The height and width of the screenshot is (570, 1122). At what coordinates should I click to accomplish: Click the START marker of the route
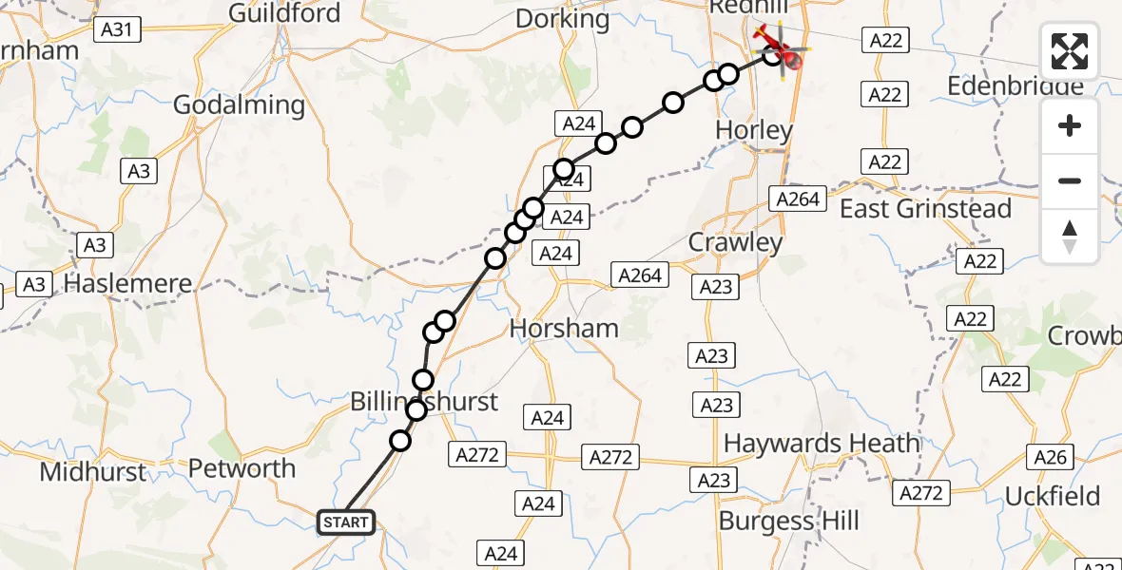tap(345, 522)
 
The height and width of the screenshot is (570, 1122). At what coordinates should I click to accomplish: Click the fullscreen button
tap(1070, 50)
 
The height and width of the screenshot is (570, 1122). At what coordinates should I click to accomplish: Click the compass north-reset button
tap(1070, 237)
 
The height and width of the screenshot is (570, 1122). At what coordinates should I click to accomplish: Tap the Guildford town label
tap(284, 13)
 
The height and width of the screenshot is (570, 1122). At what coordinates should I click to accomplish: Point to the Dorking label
tap(562, 18)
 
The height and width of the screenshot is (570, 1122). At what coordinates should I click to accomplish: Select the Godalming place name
tap(239, 105)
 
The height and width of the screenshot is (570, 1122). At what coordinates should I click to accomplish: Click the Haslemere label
tap(127, 283)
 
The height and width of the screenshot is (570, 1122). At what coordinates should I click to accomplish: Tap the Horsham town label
tap(564, 329)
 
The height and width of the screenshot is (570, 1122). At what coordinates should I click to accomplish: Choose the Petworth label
tap(242, 468)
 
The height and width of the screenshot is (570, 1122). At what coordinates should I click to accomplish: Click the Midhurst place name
tap(94, 472)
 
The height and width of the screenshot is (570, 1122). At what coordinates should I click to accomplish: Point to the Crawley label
tap(735, 242)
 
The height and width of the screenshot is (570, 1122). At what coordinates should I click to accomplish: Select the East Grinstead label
tap(925, 209)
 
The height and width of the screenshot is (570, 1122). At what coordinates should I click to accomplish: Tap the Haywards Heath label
tap(822, 444)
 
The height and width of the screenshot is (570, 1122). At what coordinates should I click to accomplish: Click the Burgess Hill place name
tap(788, 521)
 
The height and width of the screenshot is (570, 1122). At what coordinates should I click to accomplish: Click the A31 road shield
tap(117, 30)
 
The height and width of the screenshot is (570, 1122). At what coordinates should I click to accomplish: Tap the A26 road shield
tap(1051, 458)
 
